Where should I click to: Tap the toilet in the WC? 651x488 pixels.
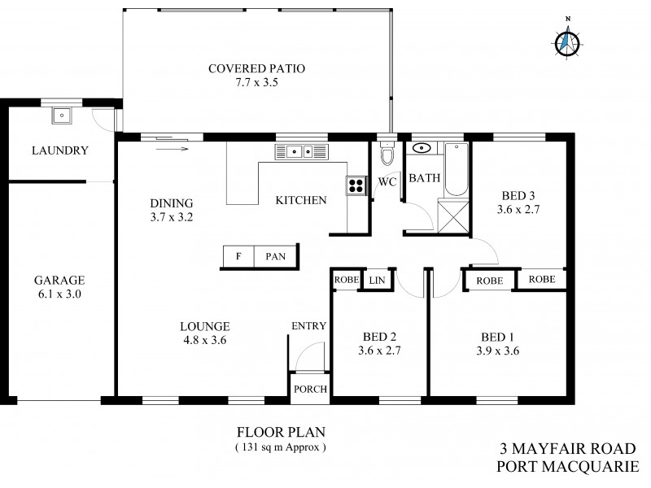(387, 155)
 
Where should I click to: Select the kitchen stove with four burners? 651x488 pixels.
(356, 185)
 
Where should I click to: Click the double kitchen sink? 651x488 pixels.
(300, 151)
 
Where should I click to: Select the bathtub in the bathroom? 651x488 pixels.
(456, 168)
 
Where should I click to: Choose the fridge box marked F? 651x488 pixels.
(238, 256)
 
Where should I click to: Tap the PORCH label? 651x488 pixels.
(310, 390)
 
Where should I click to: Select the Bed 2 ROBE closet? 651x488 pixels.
(345, 279)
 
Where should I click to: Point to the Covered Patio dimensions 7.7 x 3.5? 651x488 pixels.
(256, 82)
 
